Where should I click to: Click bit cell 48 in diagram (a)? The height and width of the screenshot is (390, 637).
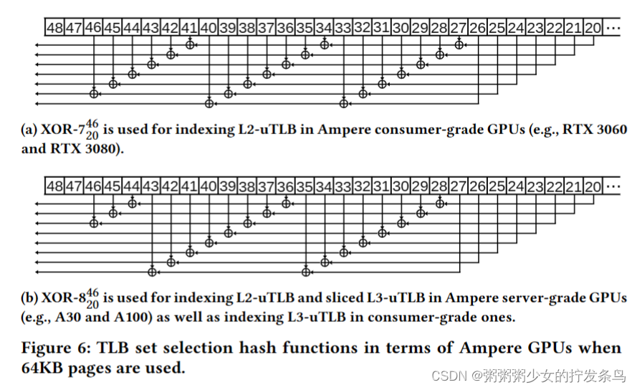[54, 28]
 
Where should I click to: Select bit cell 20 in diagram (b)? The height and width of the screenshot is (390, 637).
[592, 186]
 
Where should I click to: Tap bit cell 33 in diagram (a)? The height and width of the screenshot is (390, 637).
[343, 28]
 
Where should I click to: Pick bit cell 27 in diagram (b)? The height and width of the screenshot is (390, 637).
[458, 186]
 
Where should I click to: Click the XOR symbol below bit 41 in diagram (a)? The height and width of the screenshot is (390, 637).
[190, 44]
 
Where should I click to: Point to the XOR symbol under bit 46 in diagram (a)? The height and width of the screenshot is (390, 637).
[93, 93]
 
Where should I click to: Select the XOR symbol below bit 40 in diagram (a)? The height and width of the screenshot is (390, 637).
[209, 103]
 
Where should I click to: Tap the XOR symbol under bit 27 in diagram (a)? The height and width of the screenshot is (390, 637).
[459, 44]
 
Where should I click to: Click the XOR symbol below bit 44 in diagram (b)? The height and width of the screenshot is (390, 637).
[132, 203]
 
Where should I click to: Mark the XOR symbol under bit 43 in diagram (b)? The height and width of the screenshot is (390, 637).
[151, 272]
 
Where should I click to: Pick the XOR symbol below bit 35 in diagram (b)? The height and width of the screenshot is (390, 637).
[305, 272]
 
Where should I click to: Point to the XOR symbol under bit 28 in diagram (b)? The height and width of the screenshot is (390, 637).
[439, 203]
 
